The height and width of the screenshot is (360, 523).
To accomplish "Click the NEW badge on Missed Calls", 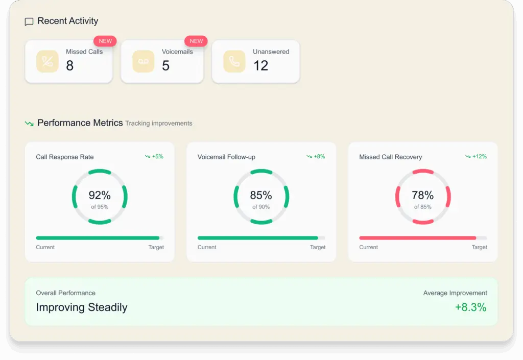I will [105, 41].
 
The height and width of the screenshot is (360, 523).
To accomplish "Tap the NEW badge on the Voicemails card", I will [196, 41].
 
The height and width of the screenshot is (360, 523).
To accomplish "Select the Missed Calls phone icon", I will [47, 61].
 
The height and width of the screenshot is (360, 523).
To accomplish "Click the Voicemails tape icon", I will [144, 61].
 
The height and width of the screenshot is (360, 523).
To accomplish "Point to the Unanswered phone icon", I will [234, 61].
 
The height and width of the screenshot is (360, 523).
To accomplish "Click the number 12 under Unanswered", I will [260, 65].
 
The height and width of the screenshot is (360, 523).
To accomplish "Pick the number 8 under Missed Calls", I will [70, 65].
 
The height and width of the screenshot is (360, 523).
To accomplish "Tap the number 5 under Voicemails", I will [165, 65].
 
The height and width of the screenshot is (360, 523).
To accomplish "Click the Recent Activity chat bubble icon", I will [29, 22].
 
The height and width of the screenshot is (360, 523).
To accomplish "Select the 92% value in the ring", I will [100, 195].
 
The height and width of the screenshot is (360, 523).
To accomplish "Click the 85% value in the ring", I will [261, 195].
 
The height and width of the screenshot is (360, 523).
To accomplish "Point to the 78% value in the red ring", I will [423, 195].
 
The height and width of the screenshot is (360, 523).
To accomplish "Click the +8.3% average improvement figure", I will [470, 307].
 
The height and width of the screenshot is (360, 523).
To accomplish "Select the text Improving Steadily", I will [82, 307].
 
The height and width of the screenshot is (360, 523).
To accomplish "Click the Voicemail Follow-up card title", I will [226, 157].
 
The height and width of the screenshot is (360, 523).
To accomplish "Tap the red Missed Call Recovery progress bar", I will [417, 238].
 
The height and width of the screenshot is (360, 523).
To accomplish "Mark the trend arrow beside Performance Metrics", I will [29, 124].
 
